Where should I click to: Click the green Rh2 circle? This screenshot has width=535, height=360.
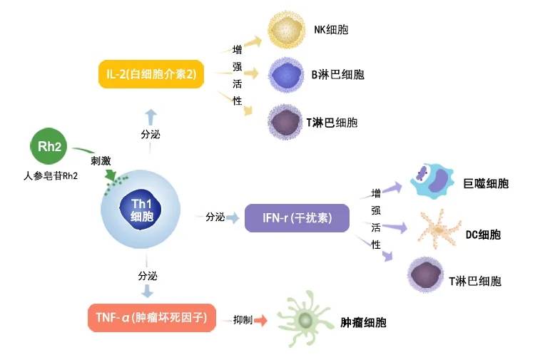point(49,147)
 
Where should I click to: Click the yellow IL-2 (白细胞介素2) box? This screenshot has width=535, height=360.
point(151,73)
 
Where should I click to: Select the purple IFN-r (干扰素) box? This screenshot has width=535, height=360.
point(297,217)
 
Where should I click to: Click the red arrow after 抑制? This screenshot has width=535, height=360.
point(260,320)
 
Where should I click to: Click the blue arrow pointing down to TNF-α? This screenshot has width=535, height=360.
point(148,291)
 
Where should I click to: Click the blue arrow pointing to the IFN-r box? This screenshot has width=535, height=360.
point(233,217)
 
